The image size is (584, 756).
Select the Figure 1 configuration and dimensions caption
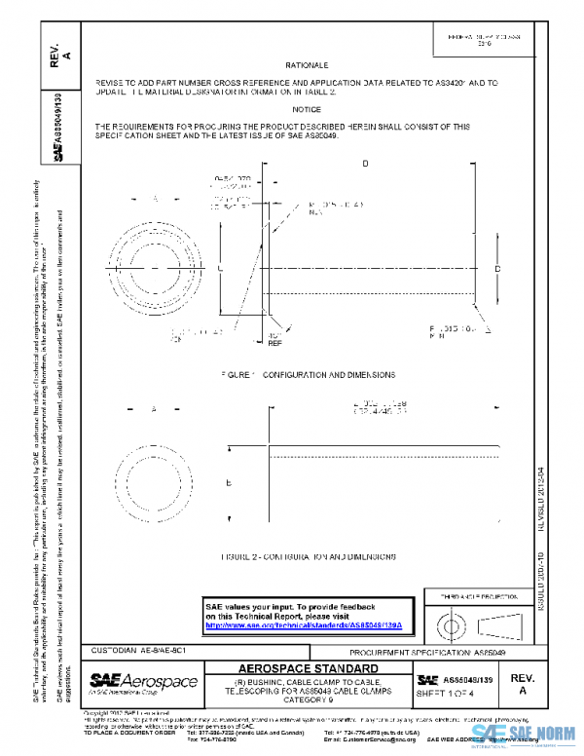(308, 374)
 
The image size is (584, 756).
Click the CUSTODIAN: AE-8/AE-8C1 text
(132, 649)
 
